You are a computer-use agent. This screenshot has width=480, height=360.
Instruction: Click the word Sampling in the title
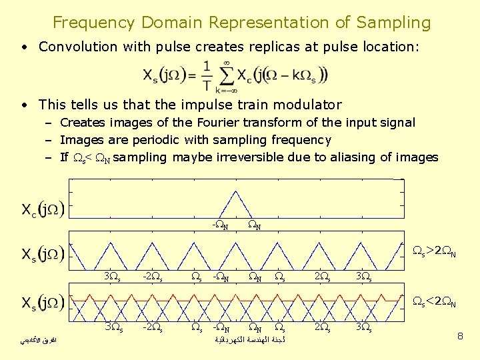click(393, 23)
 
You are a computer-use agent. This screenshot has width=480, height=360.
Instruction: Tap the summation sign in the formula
click(227, 74)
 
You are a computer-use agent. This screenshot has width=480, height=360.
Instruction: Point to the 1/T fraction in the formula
click(207, 75)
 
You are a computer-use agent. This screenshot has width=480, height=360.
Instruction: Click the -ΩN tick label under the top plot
click(220, 225)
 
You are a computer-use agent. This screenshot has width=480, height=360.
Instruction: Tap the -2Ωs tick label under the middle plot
click(153, 275)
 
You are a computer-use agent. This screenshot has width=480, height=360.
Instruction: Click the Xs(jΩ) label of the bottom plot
click(42, 303)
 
